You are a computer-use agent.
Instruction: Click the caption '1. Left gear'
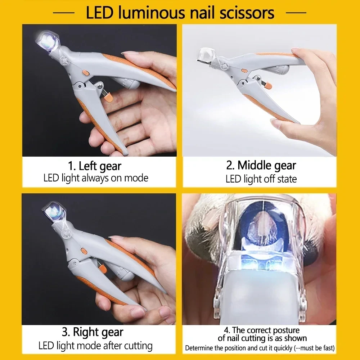tap(95, 166)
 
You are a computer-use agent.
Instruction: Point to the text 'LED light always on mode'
tap(96, 178)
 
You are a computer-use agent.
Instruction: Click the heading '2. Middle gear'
tap(261, 165)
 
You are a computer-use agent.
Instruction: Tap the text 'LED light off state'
tap(261, 179)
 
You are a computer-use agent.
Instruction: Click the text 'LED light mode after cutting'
tap(95, 346)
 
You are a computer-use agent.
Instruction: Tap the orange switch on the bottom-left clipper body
tap(82, 251)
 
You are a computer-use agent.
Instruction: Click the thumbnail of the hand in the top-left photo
tap(131, 54)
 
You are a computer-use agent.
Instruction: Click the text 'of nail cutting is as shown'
tap(262, 338)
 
